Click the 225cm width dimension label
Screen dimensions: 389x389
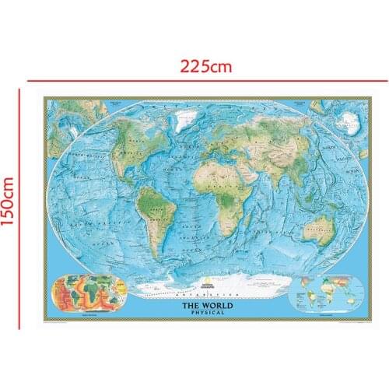(206, 66)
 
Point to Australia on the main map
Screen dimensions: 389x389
(317, 227)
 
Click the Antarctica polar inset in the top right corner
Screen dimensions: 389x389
(345, 117)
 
